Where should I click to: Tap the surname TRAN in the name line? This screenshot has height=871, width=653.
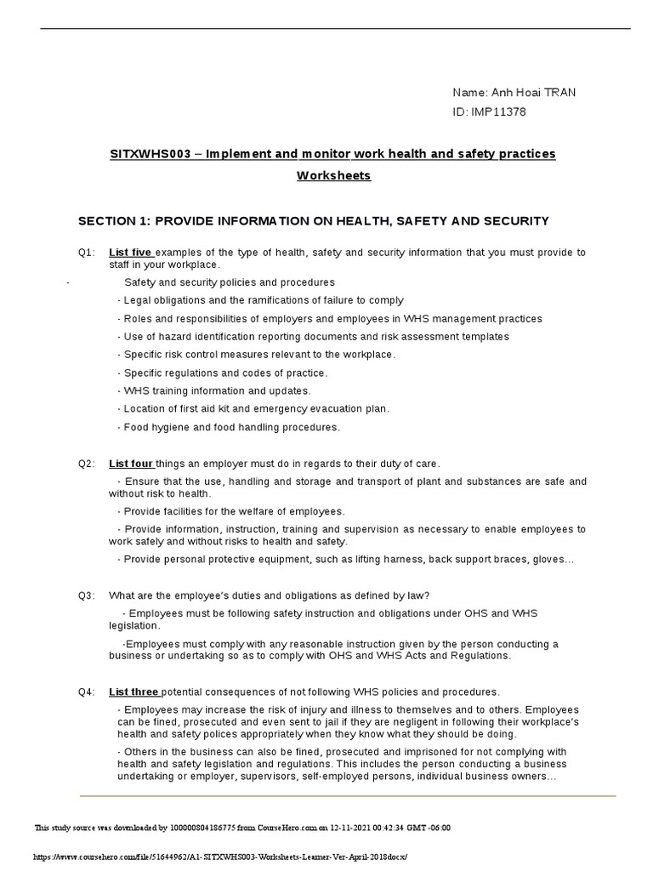coord(559,93)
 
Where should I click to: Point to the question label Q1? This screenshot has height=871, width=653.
coord(87,253)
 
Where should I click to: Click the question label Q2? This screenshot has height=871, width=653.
coord(87,464)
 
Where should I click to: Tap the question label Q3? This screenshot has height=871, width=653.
coord(87,595)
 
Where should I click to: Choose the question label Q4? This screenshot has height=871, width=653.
coord(87,692)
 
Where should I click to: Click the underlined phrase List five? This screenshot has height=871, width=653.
coord(130,253)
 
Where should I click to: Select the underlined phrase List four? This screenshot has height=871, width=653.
coord(131,464)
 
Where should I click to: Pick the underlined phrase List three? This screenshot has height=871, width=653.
coord(133,692)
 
